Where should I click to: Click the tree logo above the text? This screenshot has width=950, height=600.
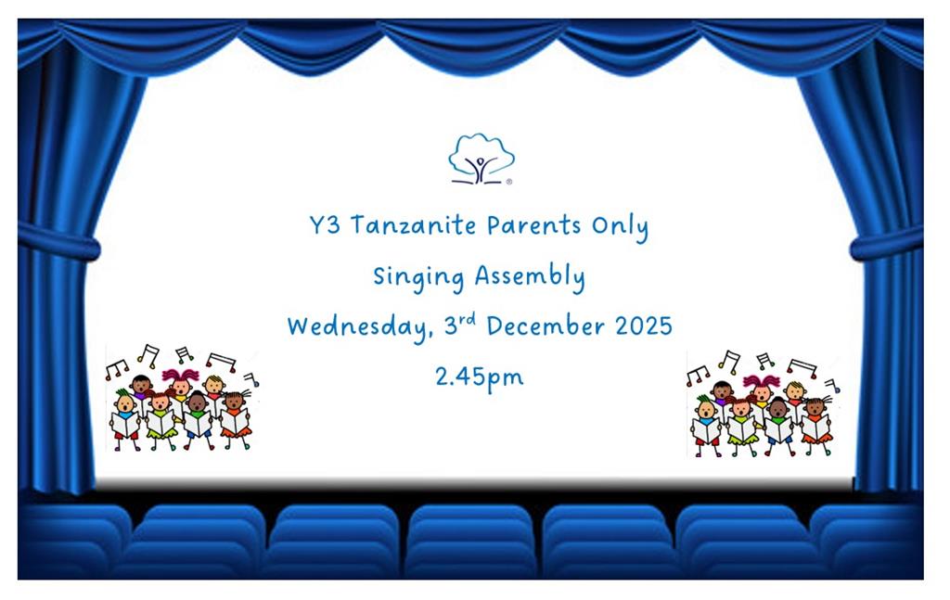click(481, 159)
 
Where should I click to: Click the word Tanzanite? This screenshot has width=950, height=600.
click(413, 226)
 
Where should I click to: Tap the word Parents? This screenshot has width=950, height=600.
click(533, 226)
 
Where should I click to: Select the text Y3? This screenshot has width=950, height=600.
click(325, 225)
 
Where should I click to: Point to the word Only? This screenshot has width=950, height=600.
click(620, 227)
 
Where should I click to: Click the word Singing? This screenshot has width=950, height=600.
click(418, 277)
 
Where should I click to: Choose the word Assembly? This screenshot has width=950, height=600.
click(530, 277)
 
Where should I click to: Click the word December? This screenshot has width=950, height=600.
click(546, 326)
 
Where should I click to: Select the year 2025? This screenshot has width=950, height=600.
click(644, 327)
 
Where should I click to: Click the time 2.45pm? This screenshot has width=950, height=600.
click(480, 377)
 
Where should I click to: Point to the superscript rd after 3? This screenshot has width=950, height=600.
click(468, 319)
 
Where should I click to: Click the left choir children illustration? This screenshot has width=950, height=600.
click(182, 398)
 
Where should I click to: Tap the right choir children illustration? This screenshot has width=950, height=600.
click(763, 403)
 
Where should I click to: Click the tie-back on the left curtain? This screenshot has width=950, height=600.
click(58, 241)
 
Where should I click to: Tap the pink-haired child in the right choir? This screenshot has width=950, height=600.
click(762, 391)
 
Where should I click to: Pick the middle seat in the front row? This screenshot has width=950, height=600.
click(470, 541)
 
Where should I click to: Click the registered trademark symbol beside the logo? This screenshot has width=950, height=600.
click(509, 182)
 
